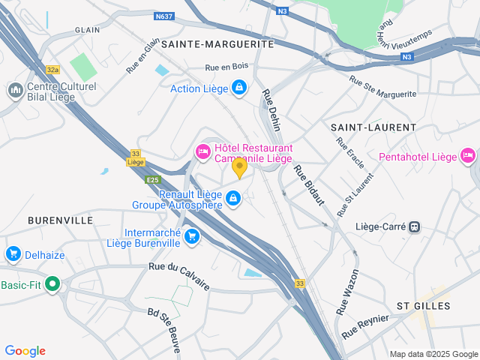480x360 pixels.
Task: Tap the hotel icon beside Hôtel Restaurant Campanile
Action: point(202,151)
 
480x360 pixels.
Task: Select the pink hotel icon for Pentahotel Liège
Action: point(469,156)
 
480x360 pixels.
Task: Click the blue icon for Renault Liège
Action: point(233,198)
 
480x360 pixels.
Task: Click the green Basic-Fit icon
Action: point(52,284)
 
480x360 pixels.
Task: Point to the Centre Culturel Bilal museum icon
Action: point(14,91)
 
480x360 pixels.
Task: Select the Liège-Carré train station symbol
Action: point(414,226)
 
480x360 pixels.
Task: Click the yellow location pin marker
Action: point(239,167)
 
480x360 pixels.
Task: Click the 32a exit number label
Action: point(52,70)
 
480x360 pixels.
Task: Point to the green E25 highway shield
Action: point(153,180)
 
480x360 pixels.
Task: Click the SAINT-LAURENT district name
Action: point(364,128)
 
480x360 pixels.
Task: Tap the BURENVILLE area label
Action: point(60,220)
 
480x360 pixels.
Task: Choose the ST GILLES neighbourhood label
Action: point(423,306)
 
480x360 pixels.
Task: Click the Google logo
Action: point(25,351)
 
